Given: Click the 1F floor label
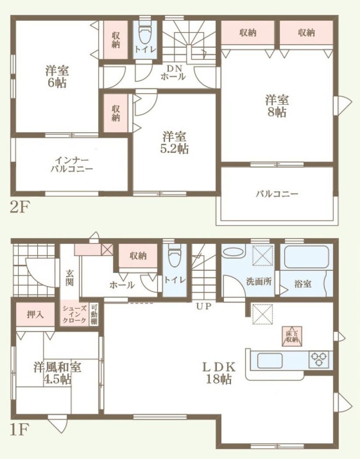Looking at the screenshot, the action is (x=20, y=430).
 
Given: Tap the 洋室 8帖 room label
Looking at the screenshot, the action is (x=277, y=106).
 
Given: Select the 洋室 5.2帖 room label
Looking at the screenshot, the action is (x=175, y=143).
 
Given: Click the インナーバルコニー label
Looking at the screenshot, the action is (x=72, y=165).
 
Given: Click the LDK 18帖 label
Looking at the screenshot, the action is (x=219, y=373).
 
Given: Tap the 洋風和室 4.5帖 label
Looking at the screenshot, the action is (x=57, y=373).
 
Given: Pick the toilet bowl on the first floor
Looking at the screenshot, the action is (x=175, y=257).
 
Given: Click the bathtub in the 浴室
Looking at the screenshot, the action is (x=307, y=257).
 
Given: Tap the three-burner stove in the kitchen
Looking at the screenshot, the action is (x=319, y=360).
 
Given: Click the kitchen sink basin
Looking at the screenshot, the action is (x=269, y=361).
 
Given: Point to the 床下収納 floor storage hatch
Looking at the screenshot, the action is (x=292, y=336).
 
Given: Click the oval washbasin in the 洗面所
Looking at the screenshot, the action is (x=233, y=253).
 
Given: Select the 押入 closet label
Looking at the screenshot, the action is (x=35, y=315).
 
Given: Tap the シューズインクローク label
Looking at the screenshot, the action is (x=75, y=314).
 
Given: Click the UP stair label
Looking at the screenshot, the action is (x=204, y=306).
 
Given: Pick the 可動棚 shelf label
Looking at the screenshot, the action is (x=94, y=315).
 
